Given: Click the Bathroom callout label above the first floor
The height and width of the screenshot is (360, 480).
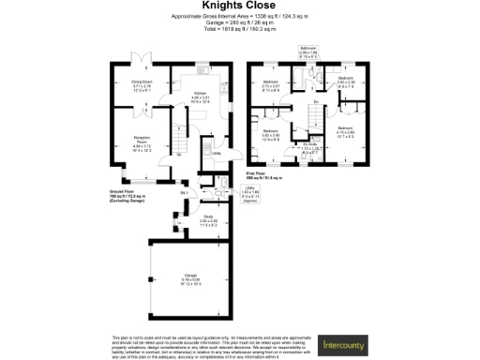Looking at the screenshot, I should click(307, 51).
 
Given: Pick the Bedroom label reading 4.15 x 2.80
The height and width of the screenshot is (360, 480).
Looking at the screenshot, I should click(345, 130).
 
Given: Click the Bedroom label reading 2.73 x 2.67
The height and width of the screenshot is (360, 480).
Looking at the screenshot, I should click(271, 86).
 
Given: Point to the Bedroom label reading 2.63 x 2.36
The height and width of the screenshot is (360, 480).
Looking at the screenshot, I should click(345, 82).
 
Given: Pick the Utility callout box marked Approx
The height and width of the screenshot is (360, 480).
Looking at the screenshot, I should click(250, 193).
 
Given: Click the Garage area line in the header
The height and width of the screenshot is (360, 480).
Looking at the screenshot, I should click(239, 23).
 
